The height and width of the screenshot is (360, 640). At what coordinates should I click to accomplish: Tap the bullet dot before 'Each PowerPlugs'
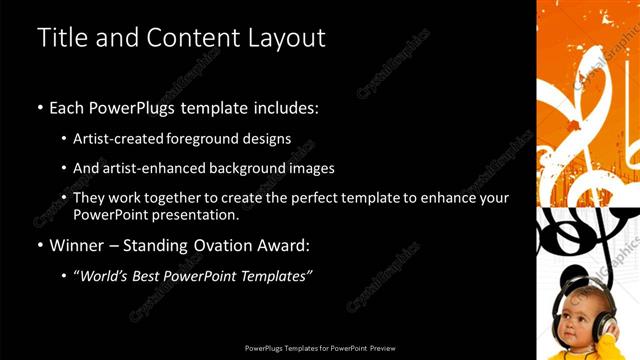(x=39, y=107)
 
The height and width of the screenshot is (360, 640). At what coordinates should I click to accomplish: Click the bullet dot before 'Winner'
(x=39, y=245)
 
